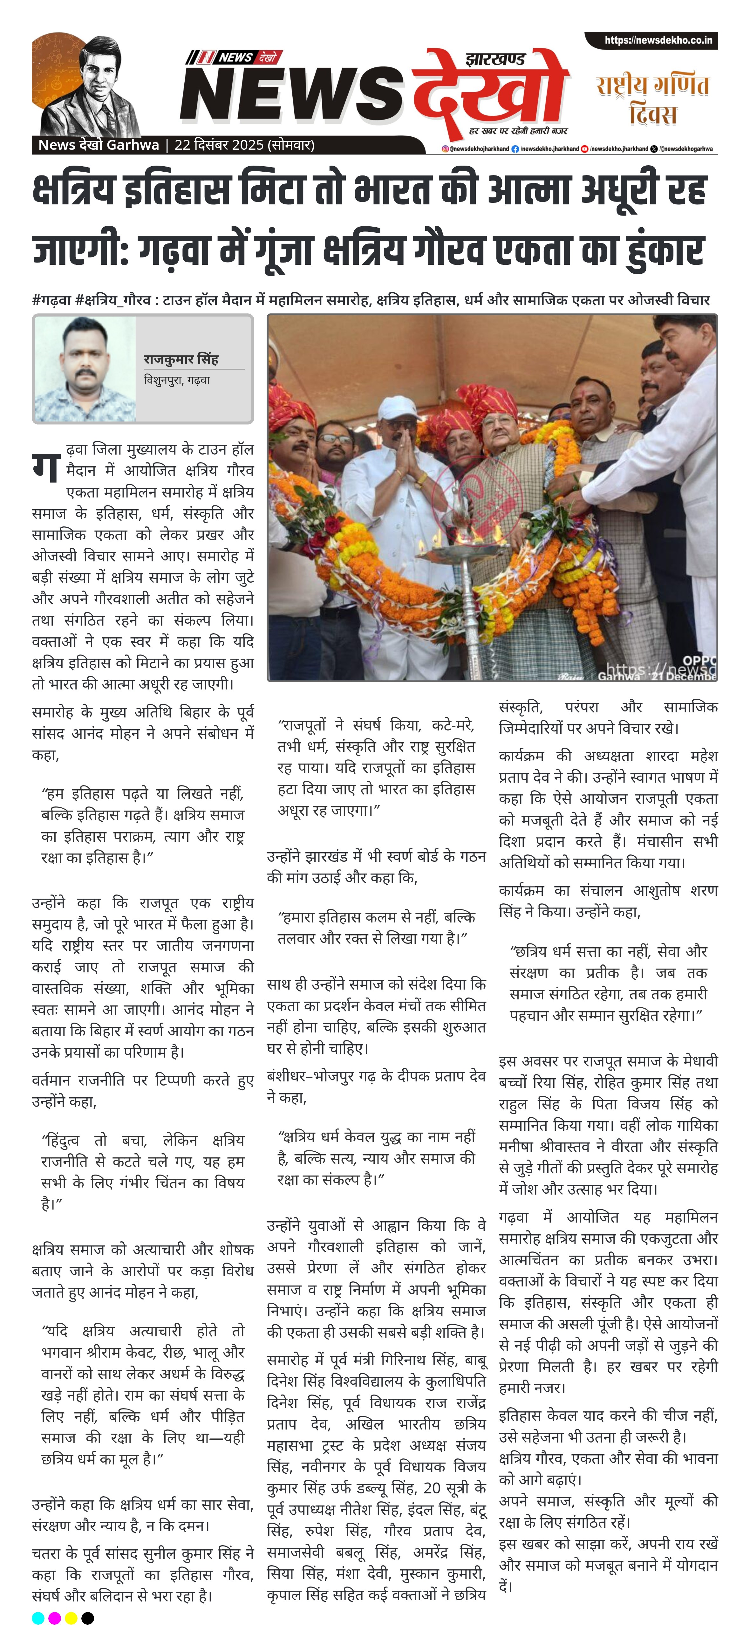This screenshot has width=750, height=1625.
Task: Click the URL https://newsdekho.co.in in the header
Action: [658, 40]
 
